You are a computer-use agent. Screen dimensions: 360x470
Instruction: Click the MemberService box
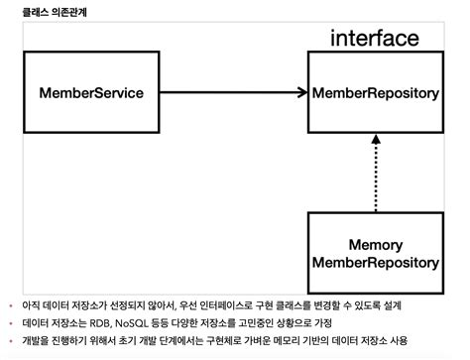coord(92,93)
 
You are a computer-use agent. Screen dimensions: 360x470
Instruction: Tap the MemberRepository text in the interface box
coord(375,93)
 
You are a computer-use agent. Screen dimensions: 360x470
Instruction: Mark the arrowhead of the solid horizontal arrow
coord(299,93)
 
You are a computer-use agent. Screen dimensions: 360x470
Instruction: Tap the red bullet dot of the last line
coord(10,341)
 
